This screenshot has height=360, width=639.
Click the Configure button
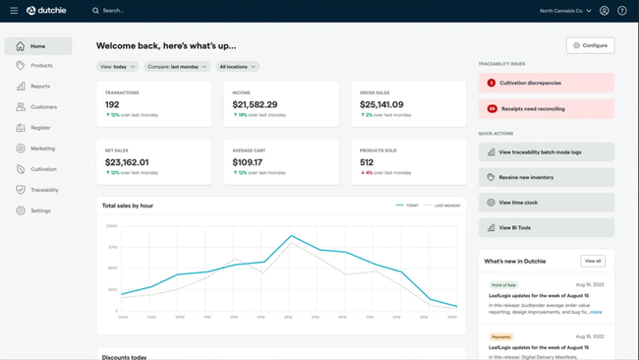(590, 45)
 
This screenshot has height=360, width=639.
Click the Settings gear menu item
(39, 210)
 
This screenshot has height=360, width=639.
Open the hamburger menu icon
(14, 11)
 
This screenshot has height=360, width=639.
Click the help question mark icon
(622, 11)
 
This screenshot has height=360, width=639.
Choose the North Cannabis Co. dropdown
(565, 11)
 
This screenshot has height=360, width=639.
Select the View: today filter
(118, 67)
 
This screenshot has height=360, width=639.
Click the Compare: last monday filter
(177, 67)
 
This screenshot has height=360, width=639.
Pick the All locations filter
(237, 67)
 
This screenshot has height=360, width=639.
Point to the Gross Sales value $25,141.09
(381, 104)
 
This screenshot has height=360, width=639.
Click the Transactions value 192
(112, 104)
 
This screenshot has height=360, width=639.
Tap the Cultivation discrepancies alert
(546, 84)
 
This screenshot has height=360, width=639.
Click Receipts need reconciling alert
(546, 109)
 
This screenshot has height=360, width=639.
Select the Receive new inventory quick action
(546, 177)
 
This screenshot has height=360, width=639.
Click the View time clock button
(546, 203)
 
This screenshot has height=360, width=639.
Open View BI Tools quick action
(546, 227)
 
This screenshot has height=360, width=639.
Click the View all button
(592, 261)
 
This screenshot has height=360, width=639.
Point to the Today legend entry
(407, 206)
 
